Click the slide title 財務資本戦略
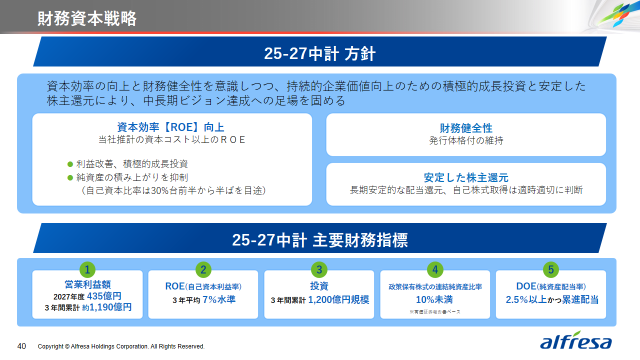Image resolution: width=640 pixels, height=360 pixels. click(x=87, y=18)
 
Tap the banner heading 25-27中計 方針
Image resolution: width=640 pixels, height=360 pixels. click(x=319, y=54)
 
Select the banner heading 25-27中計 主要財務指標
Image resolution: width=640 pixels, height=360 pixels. click(x=319, y=240)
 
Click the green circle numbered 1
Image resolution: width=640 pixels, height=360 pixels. click(x=87, y=270)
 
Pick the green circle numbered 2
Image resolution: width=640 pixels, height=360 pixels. click(x=203, y=270)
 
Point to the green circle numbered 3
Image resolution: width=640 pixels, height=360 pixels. click(x=319, y=270)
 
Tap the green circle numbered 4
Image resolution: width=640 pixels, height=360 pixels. click(x=435, y=270)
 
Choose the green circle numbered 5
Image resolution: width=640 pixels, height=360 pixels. click(x=550, y=270)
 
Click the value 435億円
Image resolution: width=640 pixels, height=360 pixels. click(x=104, y=296)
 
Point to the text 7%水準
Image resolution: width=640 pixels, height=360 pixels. click(x=219, y=300)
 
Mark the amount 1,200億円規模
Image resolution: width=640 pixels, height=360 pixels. click(x=338, y=300)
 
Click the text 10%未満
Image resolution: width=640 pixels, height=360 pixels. click(x=434, y=300)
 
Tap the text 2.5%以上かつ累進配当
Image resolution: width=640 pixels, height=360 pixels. click(x=552, y=300)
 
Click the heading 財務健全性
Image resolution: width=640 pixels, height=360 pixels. click(x=466, y=128)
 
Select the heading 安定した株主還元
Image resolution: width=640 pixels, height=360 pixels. click(x=466, y=177)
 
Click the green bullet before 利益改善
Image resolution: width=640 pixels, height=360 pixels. click(x=70, y=164)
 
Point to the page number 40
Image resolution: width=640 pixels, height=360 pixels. click(x=22, y=346)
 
